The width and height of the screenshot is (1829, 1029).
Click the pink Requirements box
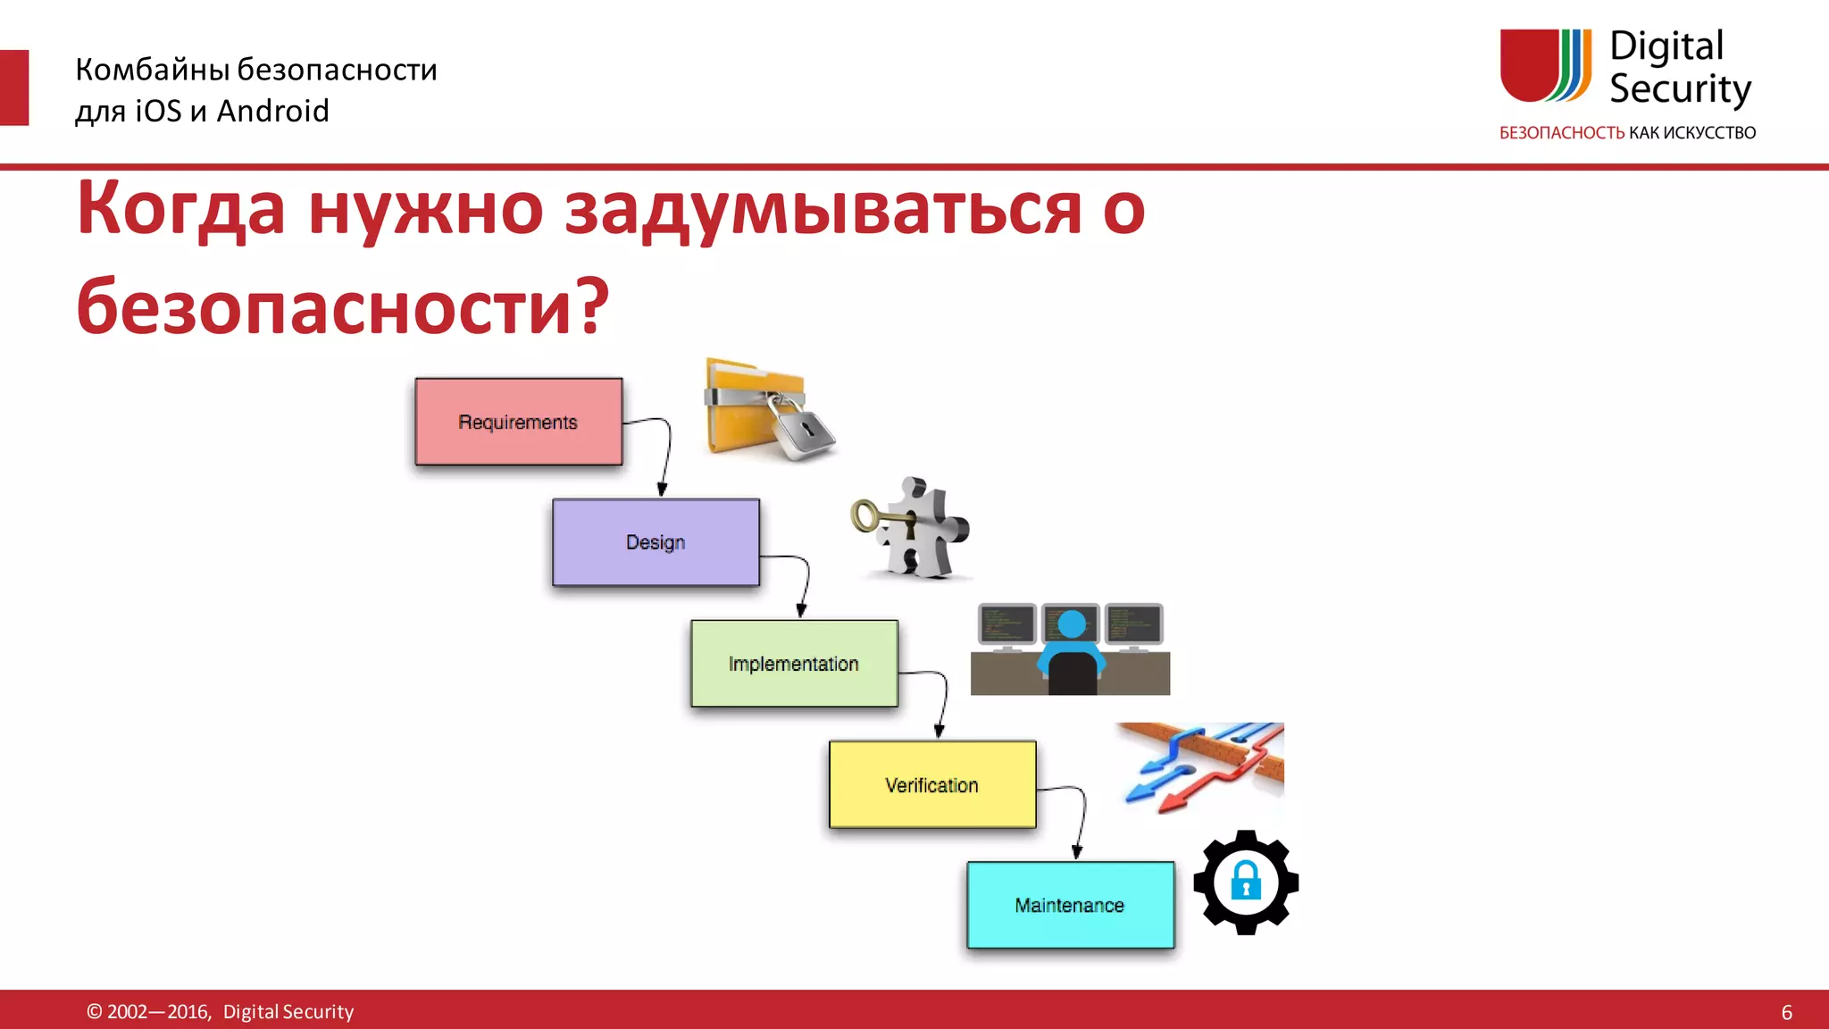518,422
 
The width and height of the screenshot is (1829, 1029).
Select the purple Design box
656,542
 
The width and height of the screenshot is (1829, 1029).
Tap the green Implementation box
793,664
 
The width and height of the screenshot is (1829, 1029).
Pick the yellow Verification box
931,784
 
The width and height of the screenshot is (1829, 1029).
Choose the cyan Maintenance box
1070,905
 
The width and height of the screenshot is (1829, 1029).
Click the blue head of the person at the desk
1071,623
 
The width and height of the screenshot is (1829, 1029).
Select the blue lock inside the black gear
1246,881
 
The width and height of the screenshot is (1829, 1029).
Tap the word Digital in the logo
1666,46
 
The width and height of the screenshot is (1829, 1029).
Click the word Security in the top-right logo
1679,89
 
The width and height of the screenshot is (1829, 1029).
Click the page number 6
1786,1012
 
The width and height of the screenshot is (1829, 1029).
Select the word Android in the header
272,111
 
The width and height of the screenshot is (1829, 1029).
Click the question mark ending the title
590,305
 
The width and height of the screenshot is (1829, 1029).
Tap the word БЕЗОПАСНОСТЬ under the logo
1561,133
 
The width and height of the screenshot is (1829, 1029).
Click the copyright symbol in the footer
94,1011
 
